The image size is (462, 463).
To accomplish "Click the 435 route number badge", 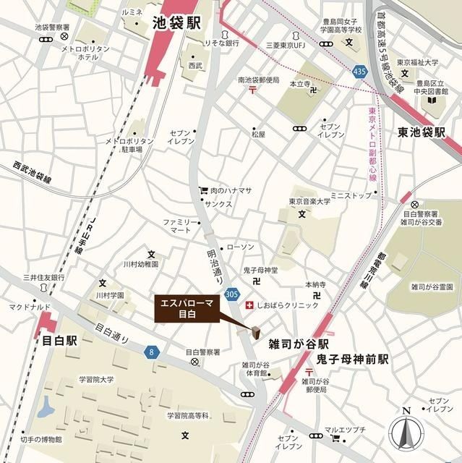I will [359, 72].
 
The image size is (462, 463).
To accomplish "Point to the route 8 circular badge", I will [151, 352].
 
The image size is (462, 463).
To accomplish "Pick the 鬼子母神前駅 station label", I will [352, 359].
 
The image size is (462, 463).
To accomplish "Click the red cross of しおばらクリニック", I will [249, 305].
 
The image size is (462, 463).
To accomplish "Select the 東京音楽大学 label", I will [309, 201].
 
